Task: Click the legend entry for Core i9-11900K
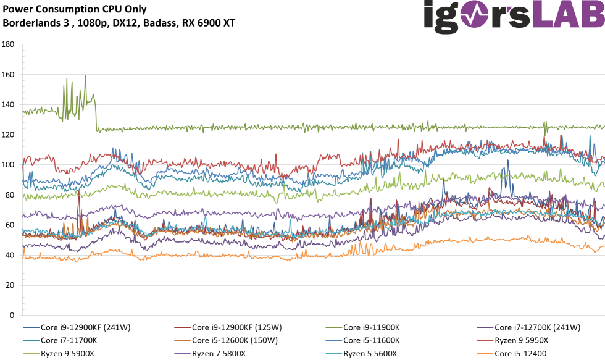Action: (371, 327)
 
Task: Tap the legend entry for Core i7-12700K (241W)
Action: (537, 327)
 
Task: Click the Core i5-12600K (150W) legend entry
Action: (235, 340)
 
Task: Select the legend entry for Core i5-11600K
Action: (371, 340)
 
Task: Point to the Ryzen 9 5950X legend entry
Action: (521, 340)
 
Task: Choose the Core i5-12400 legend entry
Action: (520, 353)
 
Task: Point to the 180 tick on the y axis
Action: (8, 44)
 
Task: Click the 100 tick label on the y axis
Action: (8, 165)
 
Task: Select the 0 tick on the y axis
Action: (12, 316)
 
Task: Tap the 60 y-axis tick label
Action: (10, 225)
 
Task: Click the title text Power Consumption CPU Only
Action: (75, 9)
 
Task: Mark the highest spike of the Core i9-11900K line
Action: (85, 75)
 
